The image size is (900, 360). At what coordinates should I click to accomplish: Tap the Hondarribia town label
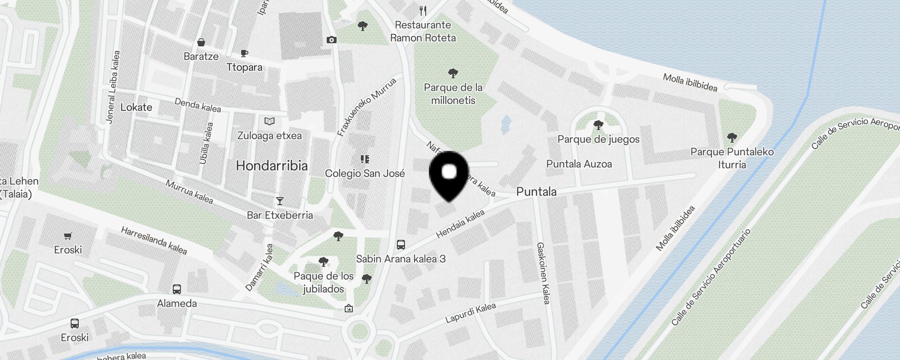pos(272,166)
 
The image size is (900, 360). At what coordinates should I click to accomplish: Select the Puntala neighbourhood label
pos(536,192)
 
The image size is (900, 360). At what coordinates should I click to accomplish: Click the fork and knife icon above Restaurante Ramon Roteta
pos(423,10)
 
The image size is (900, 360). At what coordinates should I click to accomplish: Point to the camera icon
pos(331,40)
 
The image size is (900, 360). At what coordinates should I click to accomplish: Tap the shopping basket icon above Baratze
pos(201,43)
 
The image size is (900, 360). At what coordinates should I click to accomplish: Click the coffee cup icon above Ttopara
pos(244,54)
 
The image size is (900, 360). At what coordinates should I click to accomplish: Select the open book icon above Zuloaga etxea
pos(269,121)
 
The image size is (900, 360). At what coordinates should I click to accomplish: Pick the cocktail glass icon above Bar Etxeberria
pos(280,201)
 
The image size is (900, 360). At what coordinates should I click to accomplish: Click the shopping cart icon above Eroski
pos(68,236)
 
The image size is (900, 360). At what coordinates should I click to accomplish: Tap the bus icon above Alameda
pos(177,289)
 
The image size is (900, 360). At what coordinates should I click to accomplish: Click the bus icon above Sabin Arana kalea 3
pos(400,245)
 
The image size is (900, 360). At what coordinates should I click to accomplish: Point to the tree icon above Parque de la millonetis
pos(453,73)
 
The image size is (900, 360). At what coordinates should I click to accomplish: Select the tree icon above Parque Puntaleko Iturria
pos(732,137)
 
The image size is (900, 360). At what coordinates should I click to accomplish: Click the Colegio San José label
pos(364,173)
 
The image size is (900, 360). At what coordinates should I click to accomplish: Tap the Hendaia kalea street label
pos(460,224)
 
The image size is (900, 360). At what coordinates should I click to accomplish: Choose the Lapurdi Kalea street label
pos(470,313)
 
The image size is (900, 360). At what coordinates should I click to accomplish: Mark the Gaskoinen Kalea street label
pos(543,273)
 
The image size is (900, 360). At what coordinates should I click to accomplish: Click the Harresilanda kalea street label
pos(154,240)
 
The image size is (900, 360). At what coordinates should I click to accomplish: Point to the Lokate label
pos(136,107)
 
